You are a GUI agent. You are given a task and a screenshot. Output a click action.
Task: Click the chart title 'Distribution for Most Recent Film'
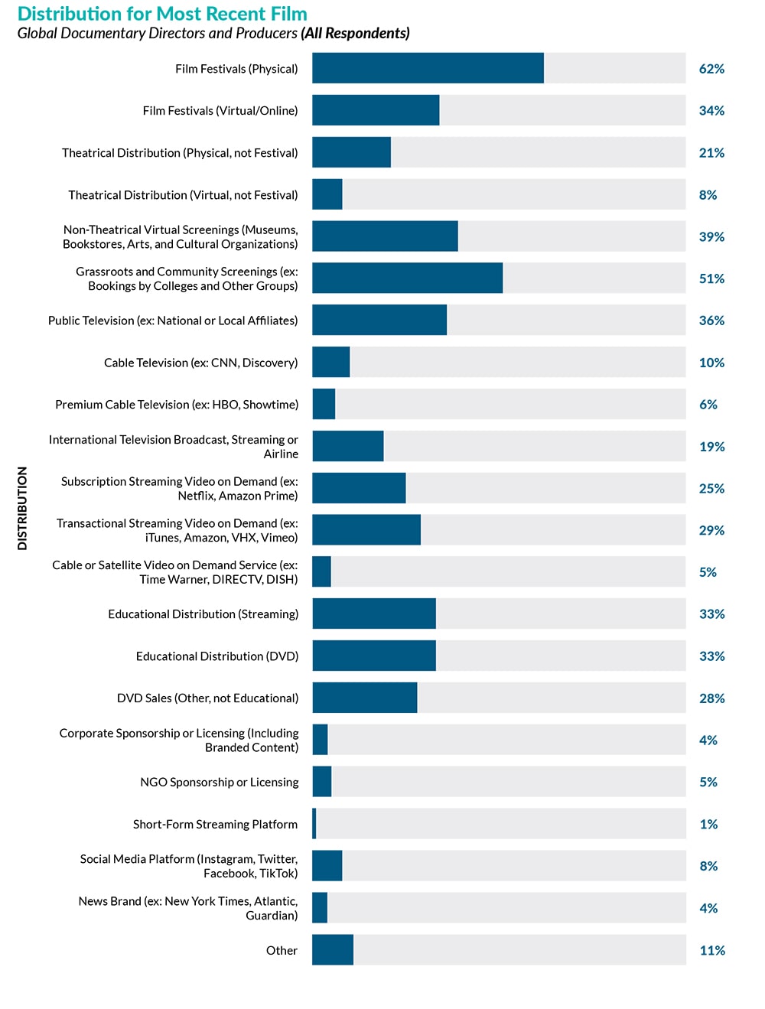tap(162, 14)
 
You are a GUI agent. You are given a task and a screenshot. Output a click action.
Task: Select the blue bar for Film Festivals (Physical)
tap(428, 68)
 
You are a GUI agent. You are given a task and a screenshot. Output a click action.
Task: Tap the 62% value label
tap(711, 69)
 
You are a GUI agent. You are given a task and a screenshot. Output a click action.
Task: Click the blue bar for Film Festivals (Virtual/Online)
tap(376, 110)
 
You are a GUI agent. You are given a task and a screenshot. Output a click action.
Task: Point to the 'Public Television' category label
tap(173, 321)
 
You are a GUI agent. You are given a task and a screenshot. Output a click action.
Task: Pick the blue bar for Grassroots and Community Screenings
tap(407, 278)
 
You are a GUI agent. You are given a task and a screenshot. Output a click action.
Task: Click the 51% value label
tap(711, 278)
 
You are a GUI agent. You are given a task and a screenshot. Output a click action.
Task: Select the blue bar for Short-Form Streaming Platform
tap(314, 824)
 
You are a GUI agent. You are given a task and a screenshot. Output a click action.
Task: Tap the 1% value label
tap(708, 824)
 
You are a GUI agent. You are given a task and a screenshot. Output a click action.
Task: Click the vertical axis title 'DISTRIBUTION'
tap(22, 508)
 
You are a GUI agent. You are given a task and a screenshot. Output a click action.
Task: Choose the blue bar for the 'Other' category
tap(333, 950)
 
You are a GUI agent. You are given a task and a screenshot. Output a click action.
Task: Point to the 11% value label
tap(712, 950)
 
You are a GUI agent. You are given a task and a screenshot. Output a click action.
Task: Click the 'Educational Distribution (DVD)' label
tap(217, 656)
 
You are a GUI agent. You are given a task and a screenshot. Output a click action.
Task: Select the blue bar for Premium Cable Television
tap(324, 404)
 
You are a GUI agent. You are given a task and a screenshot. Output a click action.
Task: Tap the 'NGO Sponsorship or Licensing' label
tap(220, 782)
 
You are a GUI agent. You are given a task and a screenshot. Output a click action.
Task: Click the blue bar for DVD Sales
tap(365, 698)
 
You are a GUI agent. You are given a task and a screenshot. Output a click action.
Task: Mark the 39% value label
tap(711, 236)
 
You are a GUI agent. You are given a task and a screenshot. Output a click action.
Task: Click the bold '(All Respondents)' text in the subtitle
tap(355, 33)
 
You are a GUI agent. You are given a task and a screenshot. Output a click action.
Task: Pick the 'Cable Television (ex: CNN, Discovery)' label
tap(201, 363)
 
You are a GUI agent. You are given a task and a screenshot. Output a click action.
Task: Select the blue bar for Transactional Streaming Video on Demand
tap(366, 530)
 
